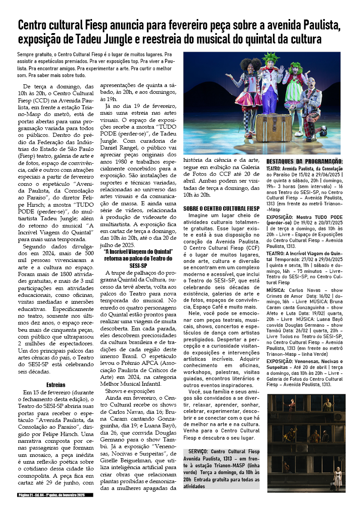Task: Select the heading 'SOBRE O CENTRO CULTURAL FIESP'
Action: pos(221,208)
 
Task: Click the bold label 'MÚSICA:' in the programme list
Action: pos(276,290)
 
